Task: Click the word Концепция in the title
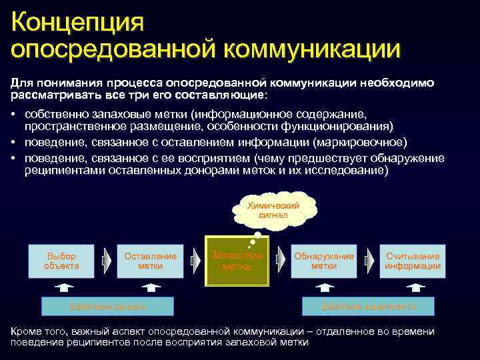pos(77,21)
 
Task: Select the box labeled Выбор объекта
pos(61,261)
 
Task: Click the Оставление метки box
pos(150,261)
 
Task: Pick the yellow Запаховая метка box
pos(237,261)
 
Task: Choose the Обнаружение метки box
pos(324,261)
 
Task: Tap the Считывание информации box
pos(413,261)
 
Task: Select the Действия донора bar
pos(107,306)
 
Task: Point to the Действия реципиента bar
pos(368,306)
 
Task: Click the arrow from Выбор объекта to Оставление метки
pos(107,261)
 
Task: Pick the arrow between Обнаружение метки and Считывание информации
pos(369,261)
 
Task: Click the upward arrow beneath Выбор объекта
pos(61,287)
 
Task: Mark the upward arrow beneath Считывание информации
pos(415,287)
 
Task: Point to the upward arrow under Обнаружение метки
pos(324,287)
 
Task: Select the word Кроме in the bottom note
pos(26,331)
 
